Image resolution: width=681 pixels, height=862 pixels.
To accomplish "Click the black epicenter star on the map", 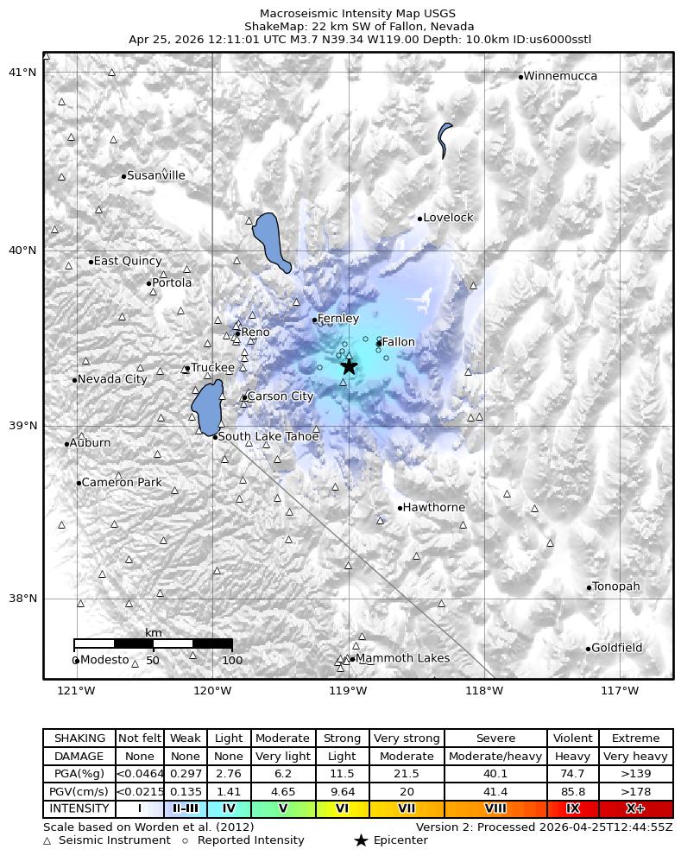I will point(349,365).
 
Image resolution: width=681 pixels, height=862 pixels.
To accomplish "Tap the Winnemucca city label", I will point(560,76).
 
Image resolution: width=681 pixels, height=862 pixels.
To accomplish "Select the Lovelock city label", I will point(448,218).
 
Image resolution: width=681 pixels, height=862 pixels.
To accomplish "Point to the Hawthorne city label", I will point(433,507).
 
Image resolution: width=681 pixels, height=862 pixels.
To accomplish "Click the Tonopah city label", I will point(615,586).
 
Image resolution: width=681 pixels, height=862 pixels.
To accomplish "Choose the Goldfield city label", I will point(616,648).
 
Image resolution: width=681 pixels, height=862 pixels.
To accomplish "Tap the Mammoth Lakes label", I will point(402,658).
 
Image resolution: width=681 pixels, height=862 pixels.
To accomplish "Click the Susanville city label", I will point(155,175).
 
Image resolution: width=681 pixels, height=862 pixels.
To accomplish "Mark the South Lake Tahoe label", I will point(268,436).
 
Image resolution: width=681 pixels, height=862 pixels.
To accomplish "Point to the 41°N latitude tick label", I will point(22,72).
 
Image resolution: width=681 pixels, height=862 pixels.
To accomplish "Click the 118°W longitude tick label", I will point(483,690).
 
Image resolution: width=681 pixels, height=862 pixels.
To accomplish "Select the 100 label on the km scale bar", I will point(231,661).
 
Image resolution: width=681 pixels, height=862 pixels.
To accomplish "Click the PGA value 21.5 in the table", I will point(407,774).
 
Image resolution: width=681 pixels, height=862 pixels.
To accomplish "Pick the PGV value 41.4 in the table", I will point(495,791).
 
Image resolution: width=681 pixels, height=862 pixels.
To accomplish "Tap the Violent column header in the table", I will point(572,738).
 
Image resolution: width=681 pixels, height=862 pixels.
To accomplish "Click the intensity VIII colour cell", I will point(495,809).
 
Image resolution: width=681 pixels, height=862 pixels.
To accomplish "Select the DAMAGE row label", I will point(79,756).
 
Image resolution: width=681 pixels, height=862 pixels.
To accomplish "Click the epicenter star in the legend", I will point(361,840).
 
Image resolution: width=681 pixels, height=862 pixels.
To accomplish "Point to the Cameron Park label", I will point(121,482).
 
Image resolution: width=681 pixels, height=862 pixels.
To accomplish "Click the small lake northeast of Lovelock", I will point(445,138).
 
